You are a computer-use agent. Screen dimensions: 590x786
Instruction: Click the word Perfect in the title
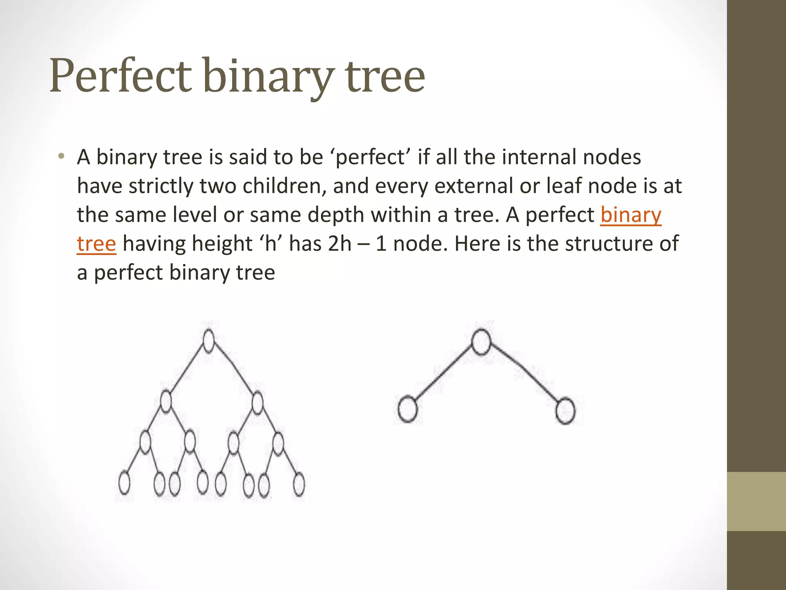tap(120, 75)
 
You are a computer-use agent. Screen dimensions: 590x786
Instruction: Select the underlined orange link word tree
tap(96, 244)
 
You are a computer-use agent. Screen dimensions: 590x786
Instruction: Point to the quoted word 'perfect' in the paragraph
tap(370, 157)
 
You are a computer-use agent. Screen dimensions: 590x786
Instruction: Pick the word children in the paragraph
tap(284, 186)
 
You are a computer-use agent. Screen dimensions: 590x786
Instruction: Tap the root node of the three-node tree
tap(481, 342)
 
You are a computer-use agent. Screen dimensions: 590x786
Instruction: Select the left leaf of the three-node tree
tap(407, 410)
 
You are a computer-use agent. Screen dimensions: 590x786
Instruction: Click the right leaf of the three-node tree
tap(565, 411)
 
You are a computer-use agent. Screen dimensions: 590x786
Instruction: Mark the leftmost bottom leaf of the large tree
tap(124, 483)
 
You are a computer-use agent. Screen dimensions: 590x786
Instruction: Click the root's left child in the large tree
tap(166, 401)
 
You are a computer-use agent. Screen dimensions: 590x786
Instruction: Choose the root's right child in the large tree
tap(258, 402)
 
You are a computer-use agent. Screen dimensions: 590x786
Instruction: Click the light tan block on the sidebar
tap(756, 501)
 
